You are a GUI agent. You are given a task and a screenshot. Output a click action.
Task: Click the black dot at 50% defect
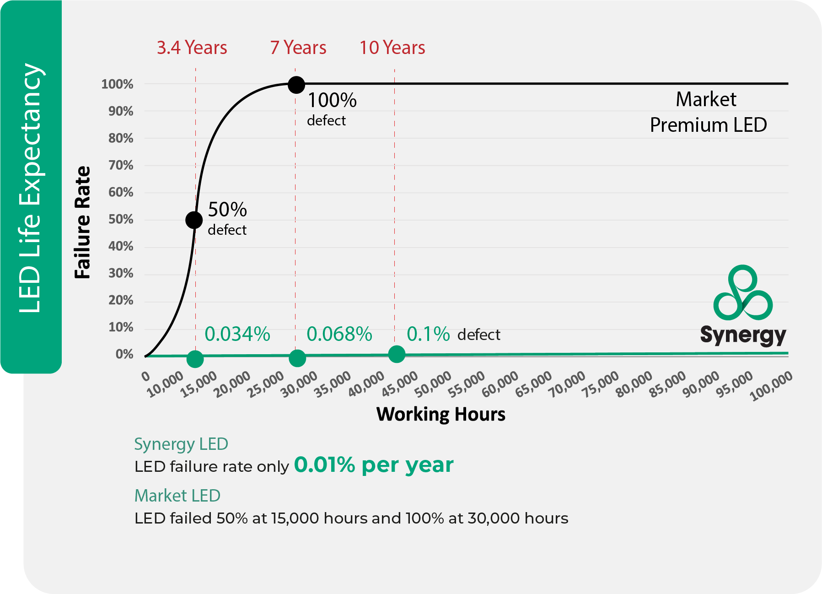[194, 220]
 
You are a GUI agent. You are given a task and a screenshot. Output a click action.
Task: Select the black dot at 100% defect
[296, 85]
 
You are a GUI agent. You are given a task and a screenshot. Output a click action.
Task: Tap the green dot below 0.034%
[195, 359]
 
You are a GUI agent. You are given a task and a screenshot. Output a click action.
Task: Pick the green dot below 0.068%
[297, 358]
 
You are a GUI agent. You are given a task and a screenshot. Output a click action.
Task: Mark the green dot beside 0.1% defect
[397, 354]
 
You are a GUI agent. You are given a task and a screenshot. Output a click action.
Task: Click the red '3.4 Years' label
[192, 48]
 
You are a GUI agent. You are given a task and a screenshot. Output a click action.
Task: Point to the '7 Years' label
[298, 48]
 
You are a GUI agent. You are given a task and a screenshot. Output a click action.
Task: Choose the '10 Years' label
[392, 48]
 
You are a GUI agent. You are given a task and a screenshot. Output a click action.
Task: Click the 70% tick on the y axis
[121, 165]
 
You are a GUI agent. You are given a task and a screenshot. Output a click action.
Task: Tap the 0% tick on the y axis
[124, 354]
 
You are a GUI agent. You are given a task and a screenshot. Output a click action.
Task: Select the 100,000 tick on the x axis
[771, 386]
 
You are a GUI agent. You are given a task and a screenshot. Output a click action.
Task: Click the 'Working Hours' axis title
[441, 414]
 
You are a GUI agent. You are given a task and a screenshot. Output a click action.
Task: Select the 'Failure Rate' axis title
[83, 222]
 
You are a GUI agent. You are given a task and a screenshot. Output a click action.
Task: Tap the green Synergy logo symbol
[742, 293]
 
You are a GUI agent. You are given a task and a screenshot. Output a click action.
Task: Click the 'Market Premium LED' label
[708, 112]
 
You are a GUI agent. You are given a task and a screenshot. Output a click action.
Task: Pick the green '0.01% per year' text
[373, 465]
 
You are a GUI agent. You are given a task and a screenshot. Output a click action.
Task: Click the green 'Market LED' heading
[177, 496]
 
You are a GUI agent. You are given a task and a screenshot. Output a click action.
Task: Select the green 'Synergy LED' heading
[181, 444]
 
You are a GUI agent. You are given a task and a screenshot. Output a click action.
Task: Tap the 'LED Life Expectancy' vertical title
[30, 188]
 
